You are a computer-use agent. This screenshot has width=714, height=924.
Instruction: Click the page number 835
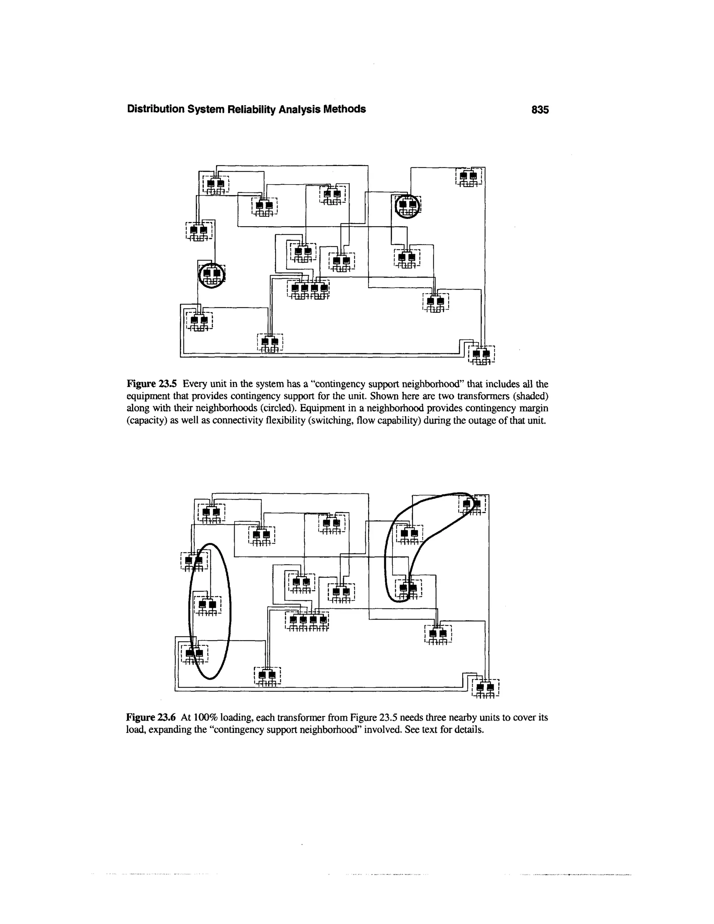point(540,109)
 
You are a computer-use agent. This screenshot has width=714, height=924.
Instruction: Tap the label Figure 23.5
point(153,384)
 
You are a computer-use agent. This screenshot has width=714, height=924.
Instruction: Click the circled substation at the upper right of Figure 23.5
point(408,206)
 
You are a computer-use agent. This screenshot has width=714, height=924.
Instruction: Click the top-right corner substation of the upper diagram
point(470,177)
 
